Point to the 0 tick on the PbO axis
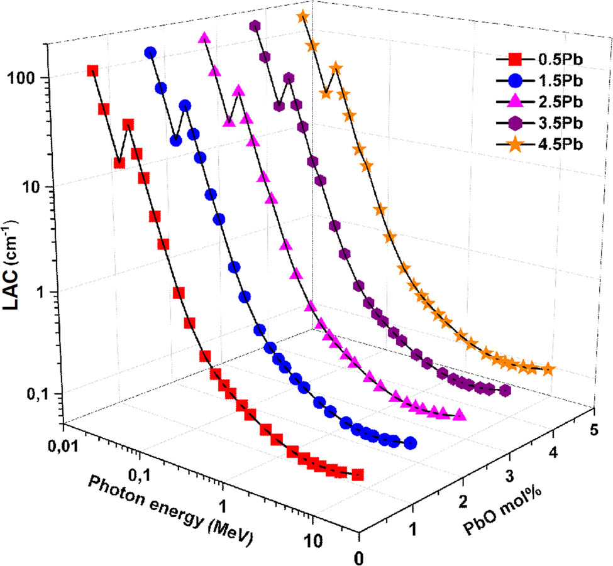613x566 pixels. (358, 556)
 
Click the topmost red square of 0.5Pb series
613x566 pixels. (92, 71)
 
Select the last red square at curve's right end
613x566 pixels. (358, 474)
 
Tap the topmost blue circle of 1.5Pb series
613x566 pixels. (150, 53)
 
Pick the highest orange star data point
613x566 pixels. (303, 16)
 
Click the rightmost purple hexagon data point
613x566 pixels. (504, 391)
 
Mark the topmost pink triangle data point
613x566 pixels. (204, 38)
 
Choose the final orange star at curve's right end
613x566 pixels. (548, 368)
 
